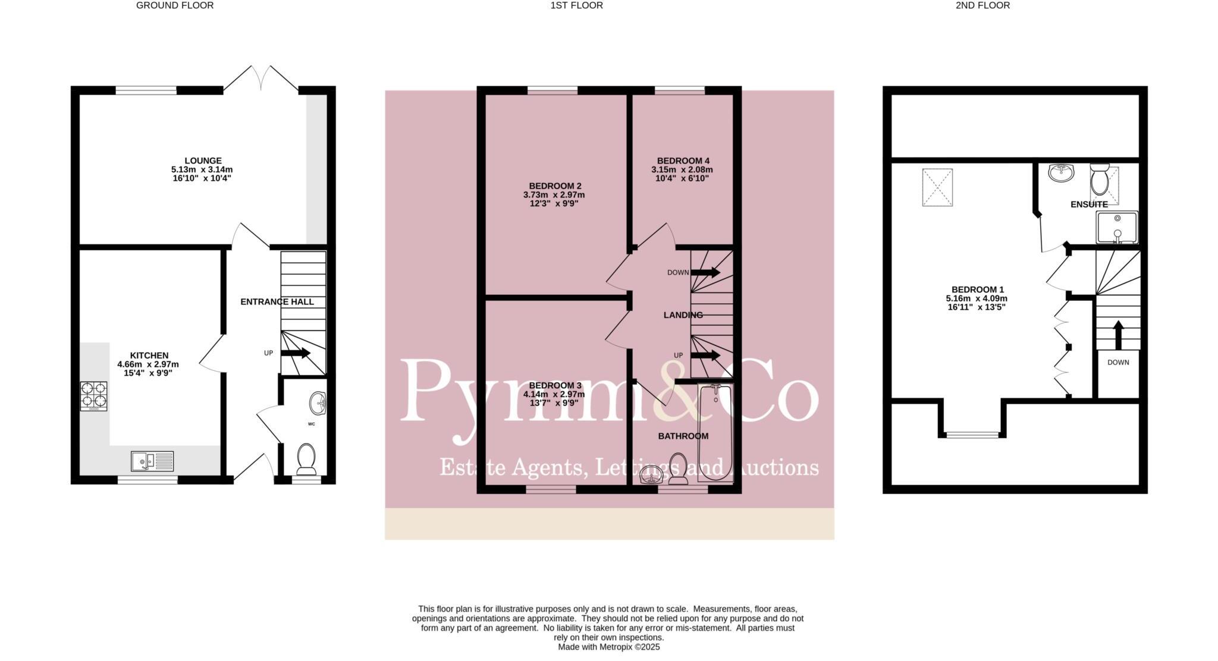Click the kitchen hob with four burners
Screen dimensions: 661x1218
(x=94, y=396)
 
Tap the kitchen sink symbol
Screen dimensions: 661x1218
(x=152, y=461)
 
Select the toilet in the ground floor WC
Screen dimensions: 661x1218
(x=306, y=458)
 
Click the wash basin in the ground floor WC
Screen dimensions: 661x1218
(x=318, y=403)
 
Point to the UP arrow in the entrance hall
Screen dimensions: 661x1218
(x=296, y=353)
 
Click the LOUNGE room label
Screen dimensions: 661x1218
(x=203, y=160)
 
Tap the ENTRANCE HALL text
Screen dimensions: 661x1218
(x=277, y=302)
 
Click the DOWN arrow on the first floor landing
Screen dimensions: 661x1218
(x=705, y=272)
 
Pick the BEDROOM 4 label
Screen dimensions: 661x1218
(x=683, y=160)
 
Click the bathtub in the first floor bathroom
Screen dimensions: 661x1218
(x=715, y=433)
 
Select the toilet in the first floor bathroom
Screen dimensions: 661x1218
(x=678, y=467)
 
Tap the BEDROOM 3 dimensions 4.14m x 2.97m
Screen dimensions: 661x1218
(x=554, y=394)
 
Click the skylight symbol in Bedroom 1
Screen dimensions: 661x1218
(x=937, y=187)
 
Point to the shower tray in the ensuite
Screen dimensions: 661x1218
(x=1117, y=227)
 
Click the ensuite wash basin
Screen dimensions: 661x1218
(x=1061, y=172)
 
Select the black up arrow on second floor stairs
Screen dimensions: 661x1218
(x=1118, y=335)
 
